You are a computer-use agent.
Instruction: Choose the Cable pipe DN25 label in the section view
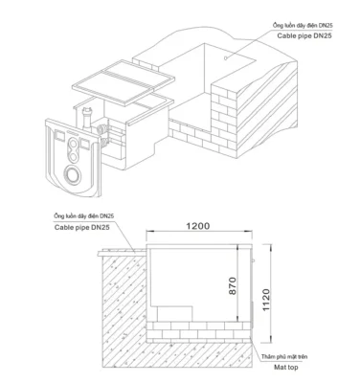pyautogui.click(x=78, y=229)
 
